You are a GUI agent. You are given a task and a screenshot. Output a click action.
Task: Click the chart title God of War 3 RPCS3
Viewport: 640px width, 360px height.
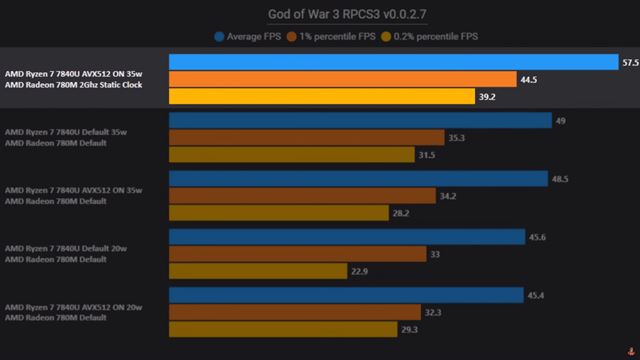pos(319,14)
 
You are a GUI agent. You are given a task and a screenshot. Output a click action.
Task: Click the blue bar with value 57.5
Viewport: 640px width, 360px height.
pos(393,62)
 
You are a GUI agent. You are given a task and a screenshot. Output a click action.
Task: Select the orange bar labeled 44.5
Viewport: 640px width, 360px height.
pos(343,79)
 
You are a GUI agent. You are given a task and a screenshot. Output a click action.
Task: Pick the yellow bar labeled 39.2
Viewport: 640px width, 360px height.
pos(322,96)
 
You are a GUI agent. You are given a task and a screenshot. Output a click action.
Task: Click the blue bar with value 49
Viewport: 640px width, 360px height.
pos(360,120)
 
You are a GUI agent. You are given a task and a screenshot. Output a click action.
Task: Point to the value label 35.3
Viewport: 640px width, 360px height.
pos(456,138)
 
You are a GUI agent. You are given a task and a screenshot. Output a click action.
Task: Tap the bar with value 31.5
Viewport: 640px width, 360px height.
pos(291,155)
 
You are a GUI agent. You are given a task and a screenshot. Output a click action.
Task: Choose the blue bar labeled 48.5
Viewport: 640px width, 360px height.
pos(358,179)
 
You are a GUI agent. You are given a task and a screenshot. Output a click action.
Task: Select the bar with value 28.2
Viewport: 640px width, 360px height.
pos(279,213)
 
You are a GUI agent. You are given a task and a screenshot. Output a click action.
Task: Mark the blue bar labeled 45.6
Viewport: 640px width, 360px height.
pos(347,237)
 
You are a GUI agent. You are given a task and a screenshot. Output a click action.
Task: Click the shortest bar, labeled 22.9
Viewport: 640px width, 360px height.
pos(258,271)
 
